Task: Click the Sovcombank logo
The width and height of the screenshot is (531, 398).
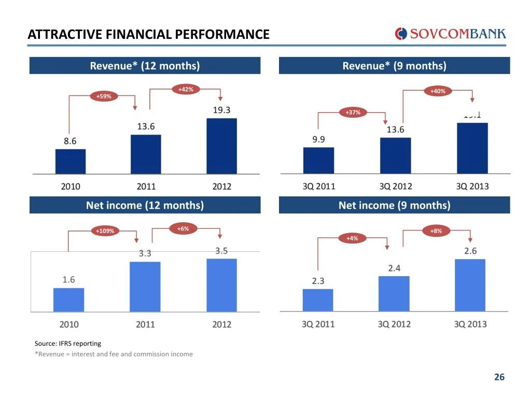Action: (x=450, y=34)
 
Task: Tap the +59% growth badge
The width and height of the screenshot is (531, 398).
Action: (x=104, y=96)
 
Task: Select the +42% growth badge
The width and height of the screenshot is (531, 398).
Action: (x=185, y=90)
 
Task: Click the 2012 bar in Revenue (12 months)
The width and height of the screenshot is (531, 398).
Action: (x=221, y=146)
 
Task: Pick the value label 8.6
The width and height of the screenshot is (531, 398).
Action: (x=70, y=140)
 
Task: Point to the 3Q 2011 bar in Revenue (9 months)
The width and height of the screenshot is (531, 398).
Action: (x=318, y=160)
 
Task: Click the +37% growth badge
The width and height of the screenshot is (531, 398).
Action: (x=353, y=112)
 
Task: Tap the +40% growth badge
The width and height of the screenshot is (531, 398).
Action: (x=438, y=91)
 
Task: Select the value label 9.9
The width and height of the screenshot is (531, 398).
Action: (x=318, y=139)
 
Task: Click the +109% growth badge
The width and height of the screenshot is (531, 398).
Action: (x=105, y=231)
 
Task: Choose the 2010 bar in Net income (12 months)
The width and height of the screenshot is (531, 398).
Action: (x=68, y=300)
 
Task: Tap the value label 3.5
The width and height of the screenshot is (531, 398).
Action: (x=221, y=251)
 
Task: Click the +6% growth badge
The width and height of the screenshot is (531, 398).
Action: (x=183, y=229)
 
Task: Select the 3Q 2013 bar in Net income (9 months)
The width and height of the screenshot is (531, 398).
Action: (x=470, y=285)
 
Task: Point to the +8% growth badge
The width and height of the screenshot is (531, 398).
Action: (x=436, y=231)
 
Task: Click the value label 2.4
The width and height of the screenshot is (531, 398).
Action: (x=394, y=268)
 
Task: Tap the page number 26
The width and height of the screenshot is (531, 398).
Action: (x=499, y=377)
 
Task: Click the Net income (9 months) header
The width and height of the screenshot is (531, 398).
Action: (x=394, y=205)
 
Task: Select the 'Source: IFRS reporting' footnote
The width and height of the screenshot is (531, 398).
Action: (x=68, y=343)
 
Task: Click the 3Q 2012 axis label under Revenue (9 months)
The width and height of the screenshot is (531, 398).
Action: (x=395, y=187)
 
